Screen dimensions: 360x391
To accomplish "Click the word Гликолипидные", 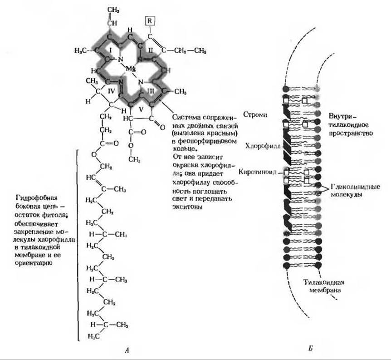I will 355,186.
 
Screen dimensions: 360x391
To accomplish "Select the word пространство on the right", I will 352,134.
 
